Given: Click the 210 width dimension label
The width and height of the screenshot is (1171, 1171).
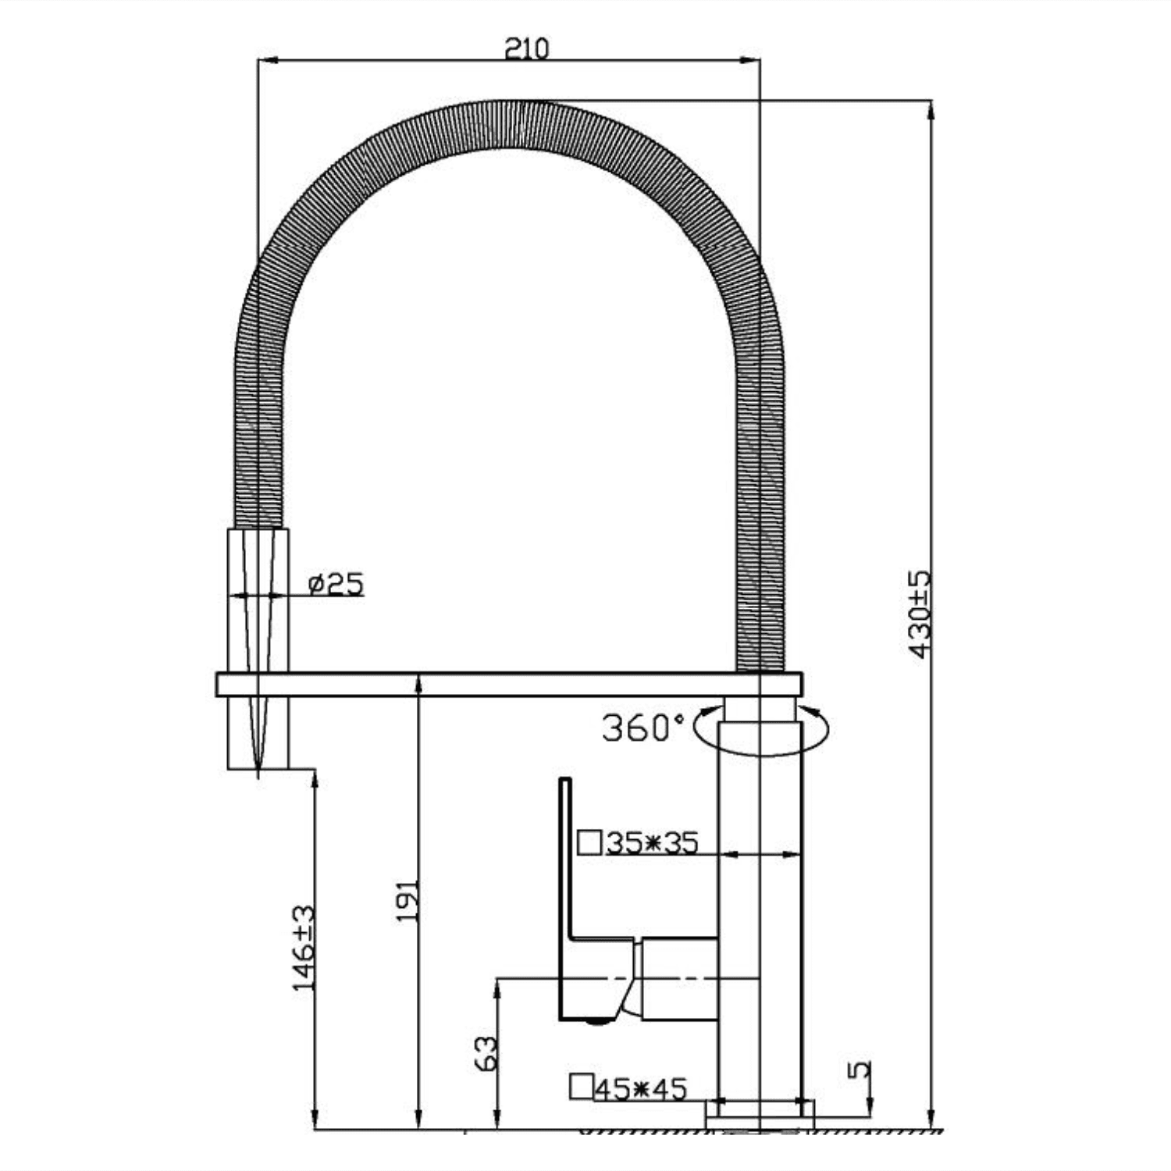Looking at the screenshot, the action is pos(526,48).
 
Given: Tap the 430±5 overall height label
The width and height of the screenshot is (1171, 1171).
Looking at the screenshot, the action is pos(920,614).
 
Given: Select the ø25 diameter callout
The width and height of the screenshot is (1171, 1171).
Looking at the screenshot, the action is pos(336,584).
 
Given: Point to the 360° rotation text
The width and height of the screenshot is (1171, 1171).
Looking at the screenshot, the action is pos(642,728).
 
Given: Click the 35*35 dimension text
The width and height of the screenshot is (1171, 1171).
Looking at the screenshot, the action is pos(652,843).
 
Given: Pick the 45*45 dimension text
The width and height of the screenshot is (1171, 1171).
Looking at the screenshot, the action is pos(640,1087).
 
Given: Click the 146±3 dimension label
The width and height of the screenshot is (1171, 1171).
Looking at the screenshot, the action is pos(304,948).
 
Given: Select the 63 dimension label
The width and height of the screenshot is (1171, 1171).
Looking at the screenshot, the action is pos(485,1053).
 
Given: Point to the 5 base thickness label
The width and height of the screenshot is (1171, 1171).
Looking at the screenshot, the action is pos(859,1069).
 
